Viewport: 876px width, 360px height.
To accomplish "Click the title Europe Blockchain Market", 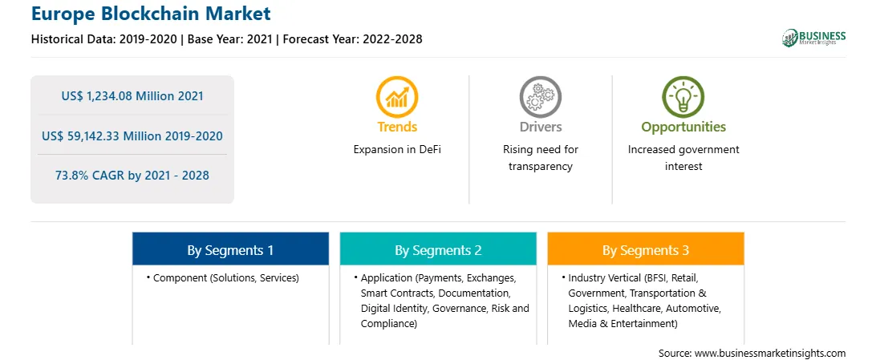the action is click(151, 14).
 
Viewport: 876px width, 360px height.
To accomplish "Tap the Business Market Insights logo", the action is click(814, 38).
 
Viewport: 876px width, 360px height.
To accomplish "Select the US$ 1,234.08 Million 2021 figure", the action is click(132, 96).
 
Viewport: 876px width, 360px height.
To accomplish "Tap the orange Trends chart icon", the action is click(397, 96).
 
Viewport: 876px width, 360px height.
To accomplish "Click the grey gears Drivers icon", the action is click(540, 96).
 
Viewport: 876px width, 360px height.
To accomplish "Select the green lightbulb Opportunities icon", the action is click(683, 96).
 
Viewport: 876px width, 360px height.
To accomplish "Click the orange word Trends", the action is click(397, 127).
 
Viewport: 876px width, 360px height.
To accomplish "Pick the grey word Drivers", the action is click(540, 127).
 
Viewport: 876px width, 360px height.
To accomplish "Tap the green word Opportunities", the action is click(683, 127).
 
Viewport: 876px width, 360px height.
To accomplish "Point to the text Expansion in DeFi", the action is click(397, 150).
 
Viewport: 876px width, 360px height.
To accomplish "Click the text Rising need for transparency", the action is click(540, 158).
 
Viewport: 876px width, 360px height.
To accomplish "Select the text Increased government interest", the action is click(683, 158).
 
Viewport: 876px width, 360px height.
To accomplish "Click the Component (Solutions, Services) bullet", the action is click(223, 277).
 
